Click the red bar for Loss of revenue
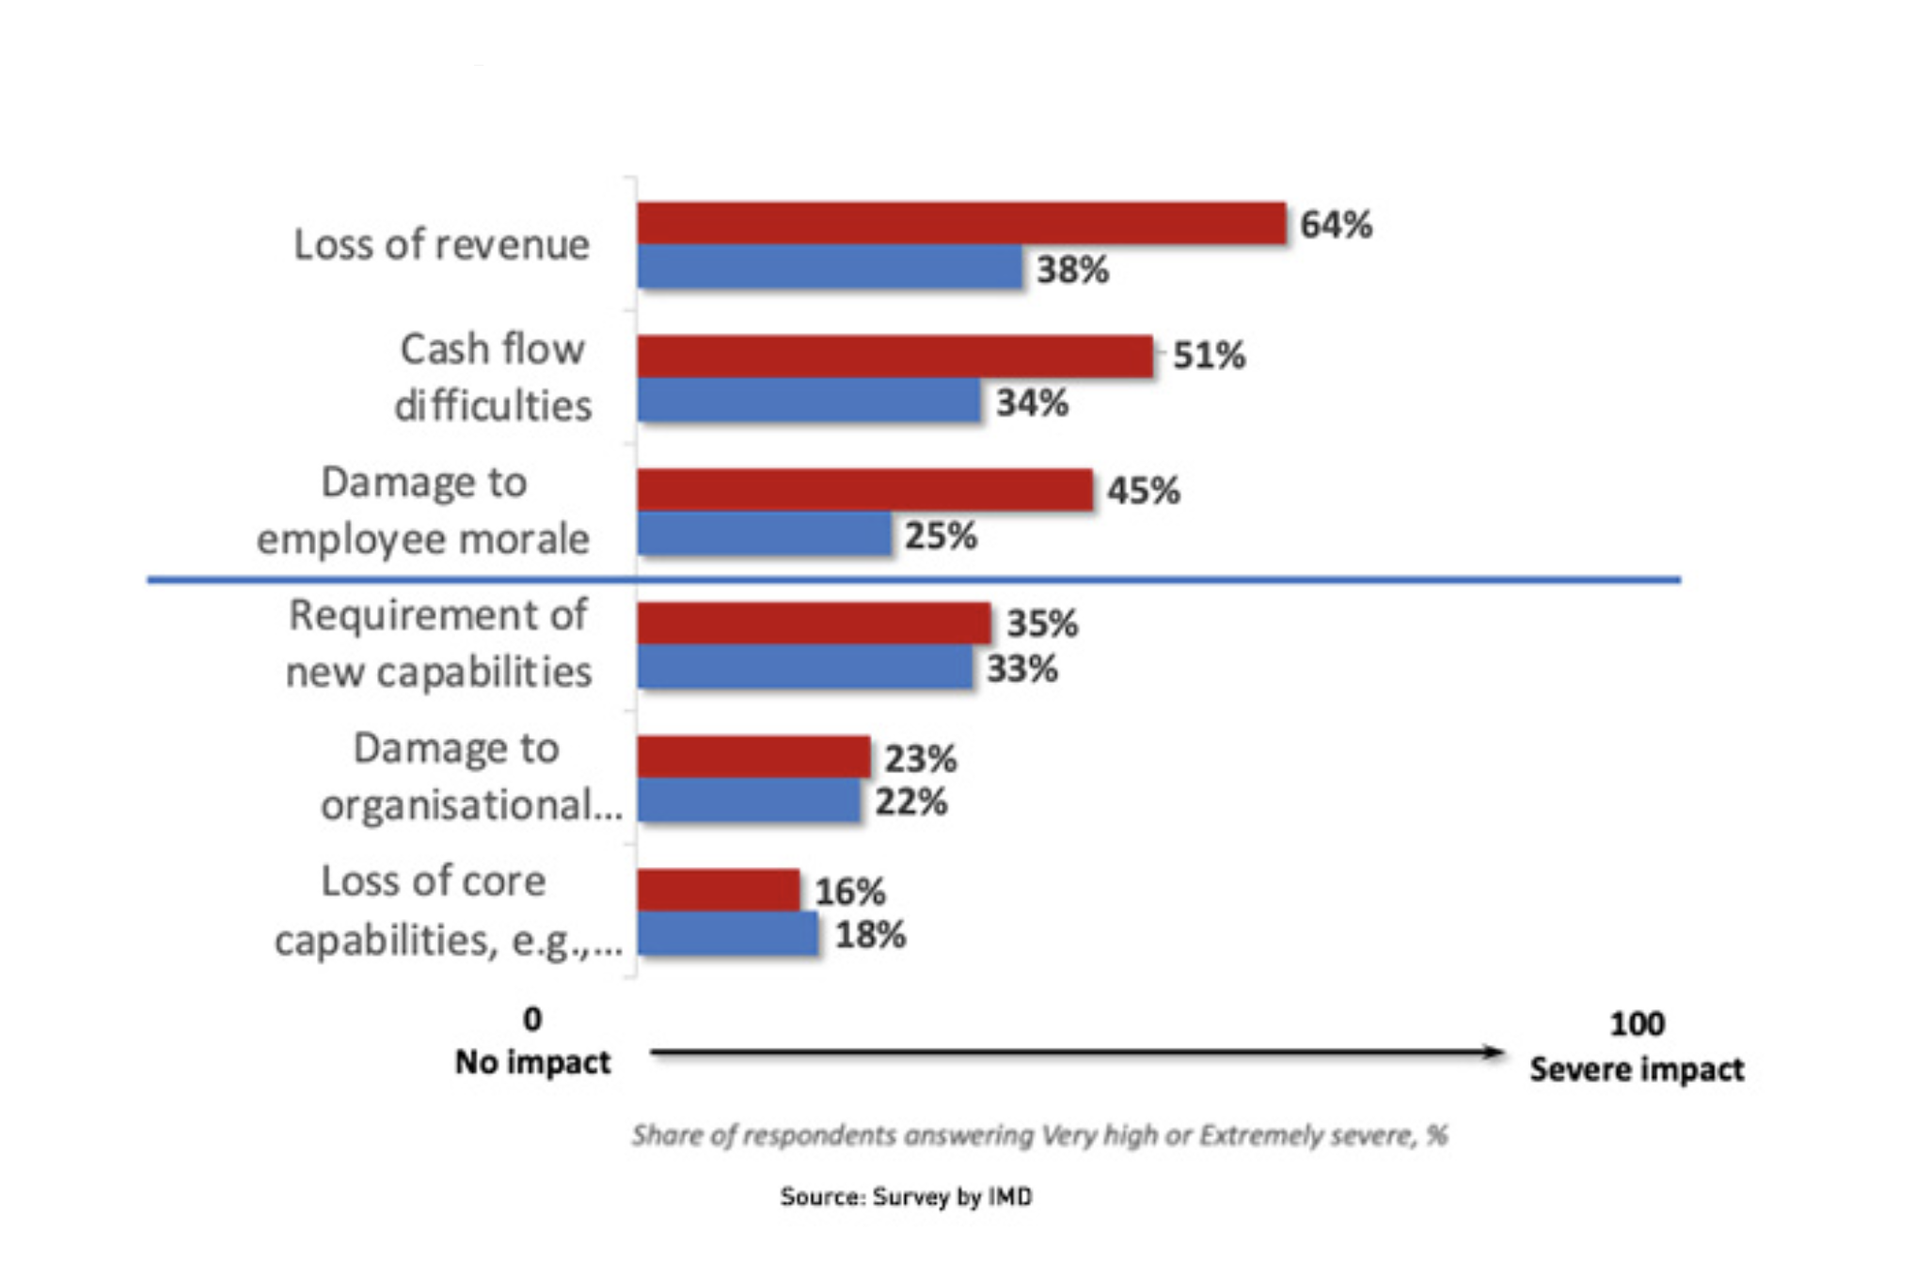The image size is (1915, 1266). click(x=961, y=224)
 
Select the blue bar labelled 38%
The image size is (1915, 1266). click(x=830, y=267)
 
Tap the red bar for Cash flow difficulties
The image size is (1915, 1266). click(x=894, y=356)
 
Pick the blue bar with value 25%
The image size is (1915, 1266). click(x=764, y=533)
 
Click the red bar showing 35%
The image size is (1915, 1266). click(x=814, y=623)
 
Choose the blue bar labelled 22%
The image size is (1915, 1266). click(x=749, y=800)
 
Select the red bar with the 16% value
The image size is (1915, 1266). click(x=718, y=890)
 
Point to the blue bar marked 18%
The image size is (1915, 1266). click(x=728, y=934)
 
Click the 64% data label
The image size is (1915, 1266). click(x=1336, y=225)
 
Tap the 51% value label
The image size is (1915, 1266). click(x=1209, y=356)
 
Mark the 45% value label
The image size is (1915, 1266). click(x=1143, y=490)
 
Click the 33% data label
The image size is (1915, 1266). click(x=1021, y=669)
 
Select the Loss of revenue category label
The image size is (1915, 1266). click(x=441, y=245)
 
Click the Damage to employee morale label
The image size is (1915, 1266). click(x=423, y=511)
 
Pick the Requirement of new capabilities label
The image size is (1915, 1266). click(x=438, y=643)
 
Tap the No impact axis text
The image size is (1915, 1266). click(x=532, y=1062)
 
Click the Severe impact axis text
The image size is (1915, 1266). click(x=1637, y=1069)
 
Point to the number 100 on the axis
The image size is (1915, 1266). click(x=1637, y=1023)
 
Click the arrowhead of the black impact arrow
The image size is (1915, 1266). click(x=1494, y=1052)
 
